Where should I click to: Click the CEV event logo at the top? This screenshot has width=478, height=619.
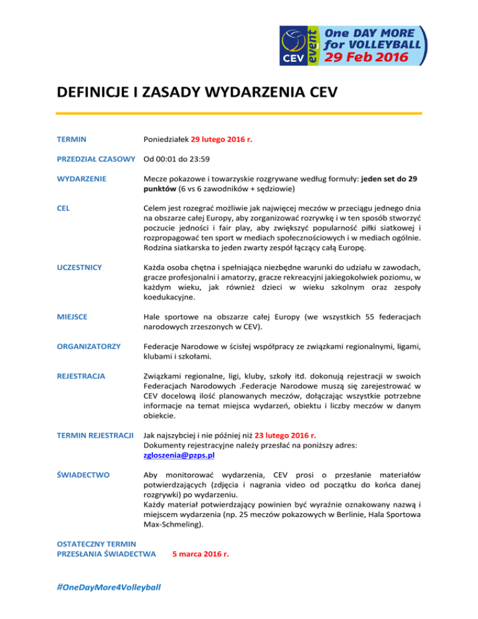coord(352,45)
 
